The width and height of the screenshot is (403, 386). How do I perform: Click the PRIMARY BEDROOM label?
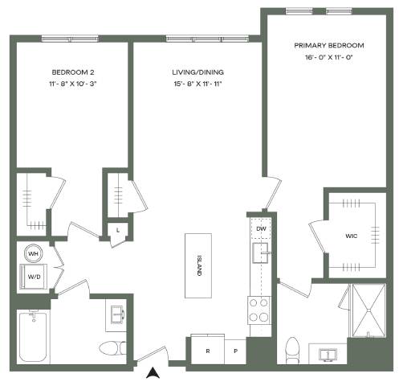(x=329, y=46)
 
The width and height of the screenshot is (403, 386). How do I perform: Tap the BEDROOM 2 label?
(x=73, y=72)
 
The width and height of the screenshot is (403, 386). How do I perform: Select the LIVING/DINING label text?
(x=198, y=72)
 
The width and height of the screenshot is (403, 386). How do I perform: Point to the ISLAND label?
(x=199, y=266)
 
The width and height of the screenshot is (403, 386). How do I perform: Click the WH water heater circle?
(x=33, y=253)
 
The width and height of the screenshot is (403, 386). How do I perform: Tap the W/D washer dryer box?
(x=34, y=277)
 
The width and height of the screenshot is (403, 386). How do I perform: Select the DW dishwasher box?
(x=261, y=228)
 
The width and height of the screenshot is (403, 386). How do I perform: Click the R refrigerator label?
(x=208, y=351)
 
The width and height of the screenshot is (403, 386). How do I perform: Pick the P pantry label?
(x=235, y=351)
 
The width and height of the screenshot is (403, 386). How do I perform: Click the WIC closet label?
(x=351, y=236)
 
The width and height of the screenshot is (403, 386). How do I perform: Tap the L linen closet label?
(x=118, y=230)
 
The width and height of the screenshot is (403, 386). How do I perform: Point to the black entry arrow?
(x=153, y=372)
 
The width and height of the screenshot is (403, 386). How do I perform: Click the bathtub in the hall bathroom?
(x=34, y=336)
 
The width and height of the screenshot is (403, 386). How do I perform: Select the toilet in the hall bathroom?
(x=113, y=348)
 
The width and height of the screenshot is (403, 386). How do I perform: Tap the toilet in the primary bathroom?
(x=292, y=351)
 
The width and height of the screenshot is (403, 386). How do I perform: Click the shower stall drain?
(x=368, y=310)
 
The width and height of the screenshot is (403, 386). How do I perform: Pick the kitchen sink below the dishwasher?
(x=260, y=253)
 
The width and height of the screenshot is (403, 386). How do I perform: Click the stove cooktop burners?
(x=258, y=310)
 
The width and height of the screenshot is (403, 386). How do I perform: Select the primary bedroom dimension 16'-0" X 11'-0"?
(x=329, y=57)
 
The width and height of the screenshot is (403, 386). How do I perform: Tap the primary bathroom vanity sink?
(x=328, y=355)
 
